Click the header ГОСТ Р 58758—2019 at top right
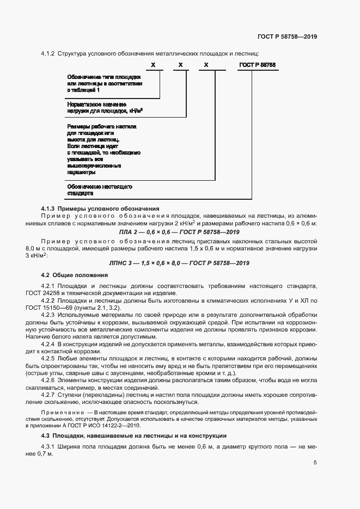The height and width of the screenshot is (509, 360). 287,36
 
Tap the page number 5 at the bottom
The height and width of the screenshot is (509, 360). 315,463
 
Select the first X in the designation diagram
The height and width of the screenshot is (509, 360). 154,65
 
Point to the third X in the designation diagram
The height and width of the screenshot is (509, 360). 206,65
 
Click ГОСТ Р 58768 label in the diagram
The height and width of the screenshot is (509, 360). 258,65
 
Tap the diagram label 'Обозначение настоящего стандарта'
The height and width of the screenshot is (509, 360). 100,189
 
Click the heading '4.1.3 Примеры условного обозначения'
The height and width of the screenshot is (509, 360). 100,208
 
